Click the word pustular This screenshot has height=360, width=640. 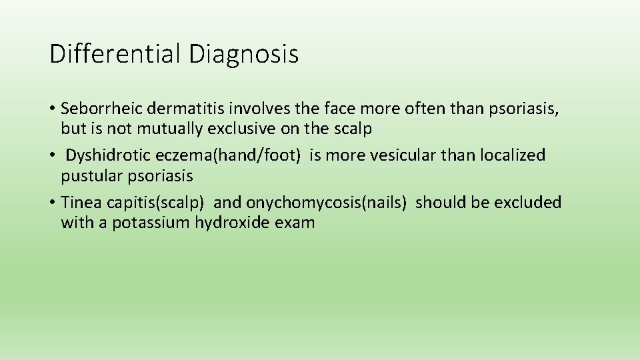(x=90, y=176)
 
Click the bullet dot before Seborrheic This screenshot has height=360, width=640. (x=53, y=109)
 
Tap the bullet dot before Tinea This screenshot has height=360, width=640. (x=53, y=202)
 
